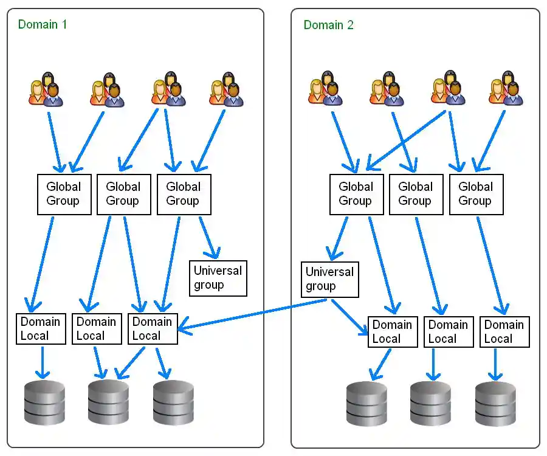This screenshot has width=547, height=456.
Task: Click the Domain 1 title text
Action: [42, 24]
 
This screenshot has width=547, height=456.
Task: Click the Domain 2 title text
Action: [328, 25]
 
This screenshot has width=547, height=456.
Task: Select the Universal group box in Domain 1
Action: [218, 278]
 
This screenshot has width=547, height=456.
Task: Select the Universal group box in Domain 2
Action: [329, 279]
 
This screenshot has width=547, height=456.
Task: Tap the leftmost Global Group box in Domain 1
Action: [63, 194]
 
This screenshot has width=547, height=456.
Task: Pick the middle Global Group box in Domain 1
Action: [123, 194]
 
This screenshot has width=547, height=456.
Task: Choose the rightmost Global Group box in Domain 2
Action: [476, 194]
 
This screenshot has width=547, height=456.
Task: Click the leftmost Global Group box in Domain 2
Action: [356, 194]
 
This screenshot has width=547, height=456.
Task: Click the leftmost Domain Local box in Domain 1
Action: [41, 329]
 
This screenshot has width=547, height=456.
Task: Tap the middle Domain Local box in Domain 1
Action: [97, 329]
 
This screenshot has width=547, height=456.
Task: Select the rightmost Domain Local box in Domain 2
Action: [504, 332]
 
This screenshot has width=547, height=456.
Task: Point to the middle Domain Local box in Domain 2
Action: [448, 332]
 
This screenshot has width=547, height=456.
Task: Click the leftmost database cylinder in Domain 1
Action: [44, 402]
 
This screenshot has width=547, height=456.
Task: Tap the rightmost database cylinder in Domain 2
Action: [495, 404]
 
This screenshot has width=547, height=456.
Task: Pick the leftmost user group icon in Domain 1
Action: [46, 89]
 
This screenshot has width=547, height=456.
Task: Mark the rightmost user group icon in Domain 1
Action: [226, 89]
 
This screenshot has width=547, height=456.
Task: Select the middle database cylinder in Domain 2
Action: [430, 404]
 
